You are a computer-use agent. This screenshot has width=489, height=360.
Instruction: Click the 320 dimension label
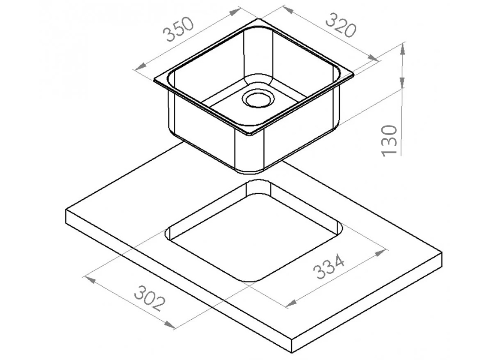coord(340,25)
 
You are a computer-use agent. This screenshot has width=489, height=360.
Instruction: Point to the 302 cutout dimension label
coord(150,298)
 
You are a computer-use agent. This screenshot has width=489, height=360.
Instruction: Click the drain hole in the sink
coord(258,99)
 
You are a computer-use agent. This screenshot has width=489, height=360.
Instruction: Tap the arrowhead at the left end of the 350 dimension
coord(141,66)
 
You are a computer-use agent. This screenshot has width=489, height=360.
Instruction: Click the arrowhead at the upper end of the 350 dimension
coord(234,12)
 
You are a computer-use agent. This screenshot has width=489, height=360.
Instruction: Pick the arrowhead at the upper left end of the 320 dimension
coord(288,10)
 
